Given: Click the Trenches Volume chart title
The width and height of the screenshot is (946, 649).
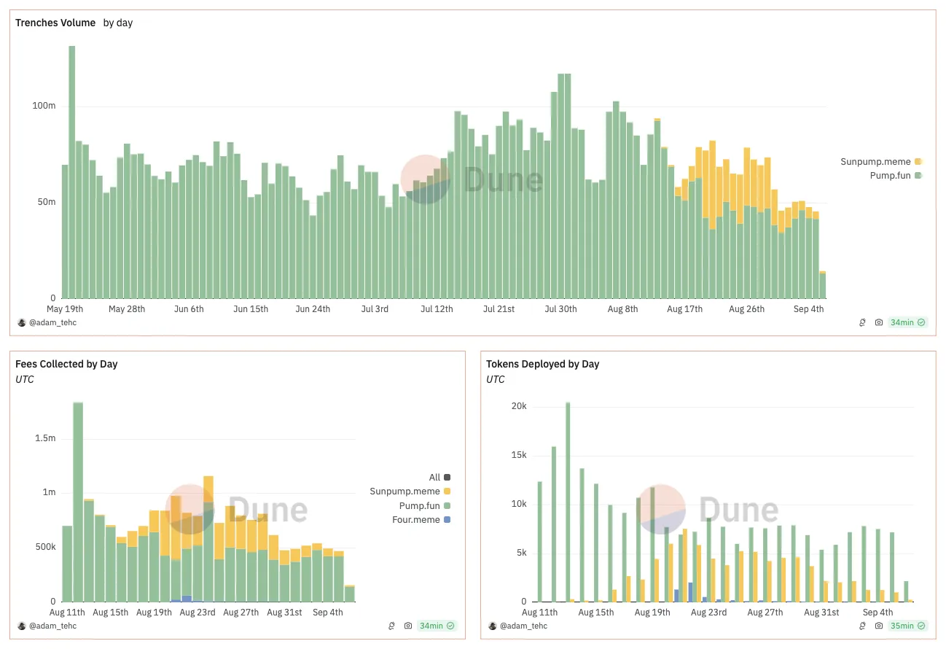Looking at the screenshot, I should [55, 23].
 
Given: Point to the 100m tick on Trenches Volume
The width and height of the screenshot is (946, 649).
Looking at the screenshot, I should [44, 106].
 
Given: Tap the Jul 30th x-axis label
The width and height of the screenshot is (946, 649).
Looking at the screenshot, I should [560, 309].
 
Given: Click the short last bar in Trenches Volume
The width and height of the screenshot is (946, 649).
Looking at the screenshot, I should [823, 285].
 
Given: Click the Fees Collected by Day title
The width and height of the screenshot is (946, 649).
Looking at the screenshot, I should [66, 364].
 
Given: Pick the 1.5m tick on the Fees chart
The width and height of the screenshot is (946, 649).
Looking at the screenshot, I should [44, 438].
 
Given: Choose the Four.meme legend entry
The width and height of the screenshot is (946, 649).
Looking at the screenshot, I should [425, 519].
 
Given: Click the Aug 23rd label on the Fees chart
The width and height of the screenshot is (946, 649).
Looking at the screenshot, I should [198, 613].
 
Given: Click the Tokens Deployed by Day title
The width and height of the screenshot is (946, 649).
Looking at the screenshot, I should [542, 364].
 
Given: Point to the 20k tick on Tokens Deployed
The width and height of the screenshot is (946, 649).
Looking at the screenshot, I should [518, 406].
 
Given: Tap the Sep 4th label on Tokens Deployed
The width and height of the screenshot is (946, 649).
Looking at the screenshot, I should [877, 613].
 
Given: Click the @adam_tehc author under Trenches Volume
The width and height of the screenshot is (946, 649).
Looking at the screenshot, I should [51, 322].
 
